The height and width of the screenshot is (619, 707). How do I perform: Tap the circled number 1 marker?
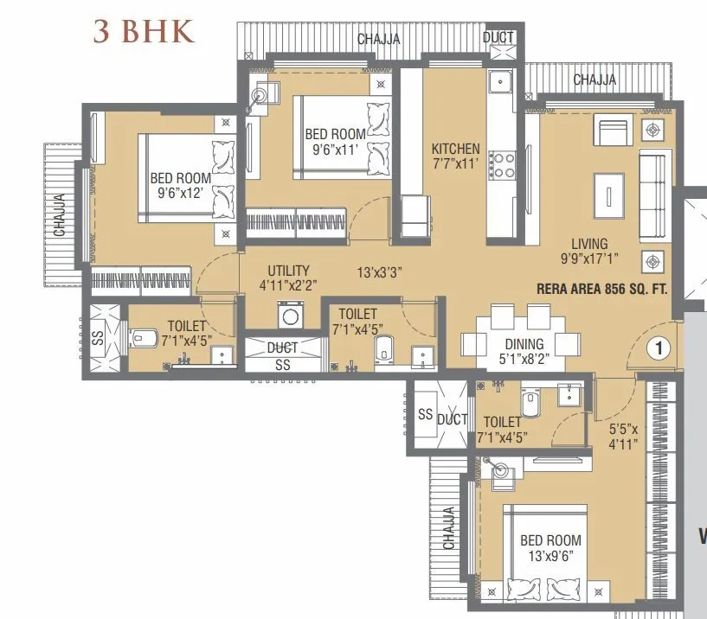tap(659, 348)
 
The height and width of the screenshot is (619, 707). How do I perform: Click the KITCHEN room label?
tap(455, 150)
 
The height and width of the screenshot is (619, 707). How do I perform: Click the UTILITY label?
tap(288, 271)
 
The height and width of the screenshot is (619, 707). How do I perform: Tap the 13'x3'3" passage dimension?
tap(379, 271)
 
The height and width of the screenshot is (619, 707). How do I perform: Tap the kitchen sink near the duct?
tap(500, 83)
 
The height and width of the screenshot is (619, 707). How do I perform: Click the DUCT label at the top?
tap(498, 38)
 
